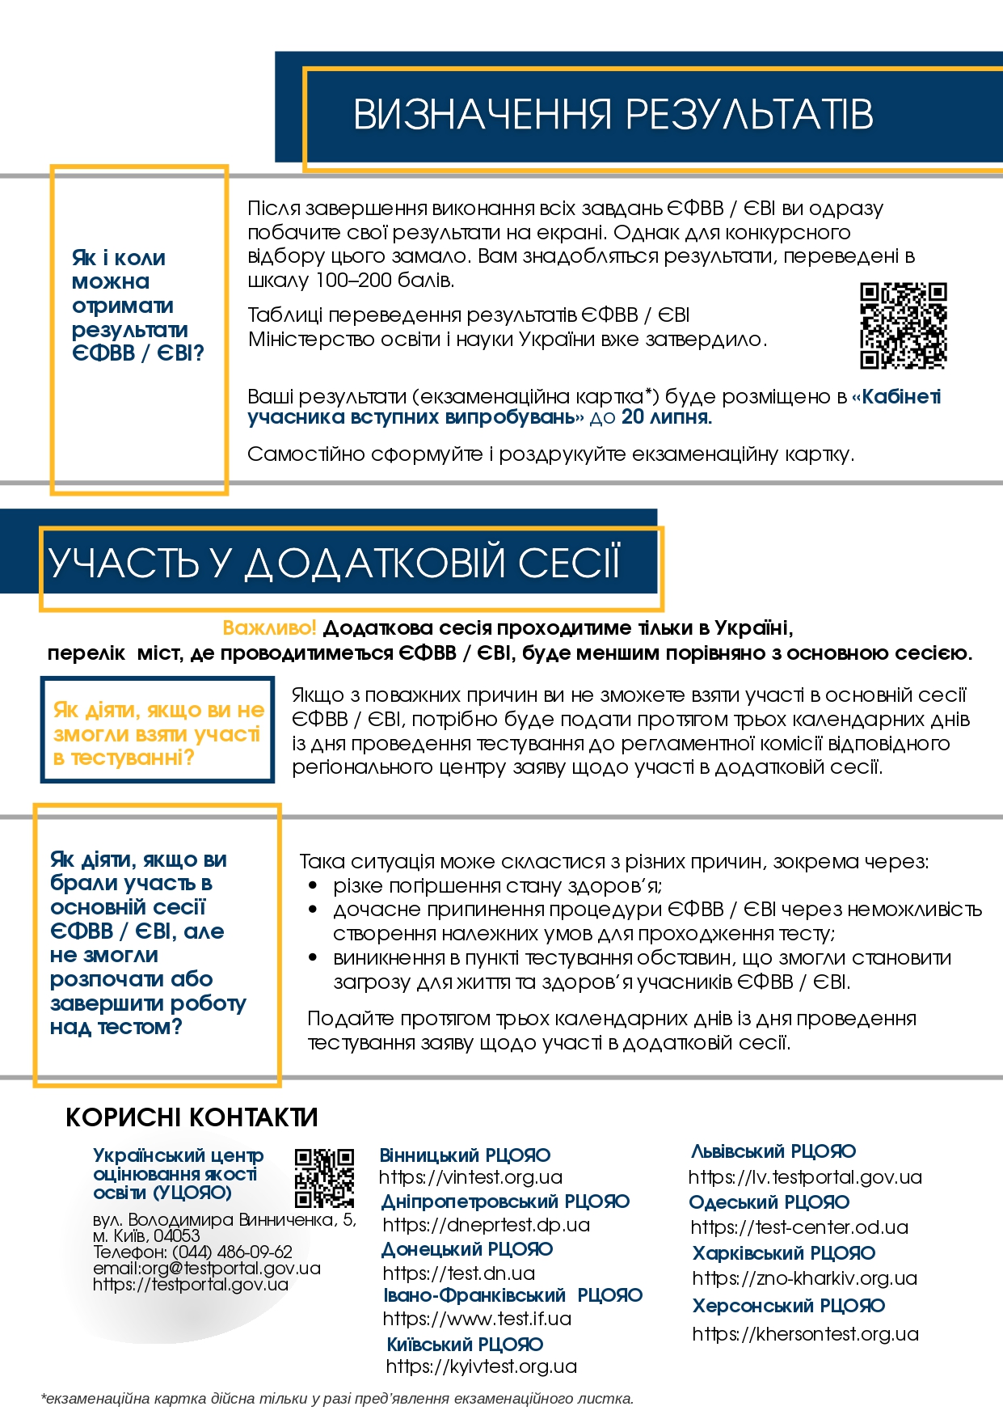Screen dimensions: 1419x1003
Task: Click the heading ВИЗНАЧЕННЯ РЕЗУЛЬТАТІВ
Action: pyautogui.click(x=613, y=115)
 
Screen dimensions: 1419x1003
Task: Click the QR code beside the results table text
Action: pyautogui.click(x=903, y=325)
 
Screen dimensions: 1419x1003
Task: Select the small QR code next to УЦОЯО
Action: pyautogui.click(x=324, y=1177)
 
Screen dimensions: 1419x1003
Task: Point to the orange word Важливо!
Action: pyautogui.click(x=269, y=628)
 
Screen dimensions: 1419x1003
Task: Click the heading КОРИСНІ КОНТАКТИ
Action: pyautogui.click(x=192, y=1117)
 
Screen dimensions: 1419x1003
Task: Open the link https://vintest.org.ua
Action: pyautogui.click(x=470, y=1177)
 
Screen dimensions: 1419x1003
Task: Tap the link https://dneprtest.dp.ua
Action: pyautogui.click(x=486, y=1225)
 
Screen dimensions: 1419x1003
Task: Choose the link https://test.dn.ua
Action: pyautogui.click(x=458, y=1273)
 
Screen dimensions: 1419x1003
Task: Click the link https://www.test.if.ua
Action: pyautogui.click(x=477, y=1319)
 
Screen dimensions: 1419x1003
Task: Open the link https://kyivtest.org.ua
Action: pyautogui.click(x=481, y=1366)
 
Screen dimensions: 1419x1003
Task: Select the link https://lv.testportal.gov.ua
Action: pyautogui.click(x=805, y=1177)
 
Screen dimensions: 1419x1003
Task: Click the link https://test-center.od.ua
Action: pyautogui.click(x=799, y=1227)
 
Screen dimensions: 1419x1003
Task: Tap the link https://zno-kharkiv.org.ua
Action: pyautogui.click(x=804, y=1278)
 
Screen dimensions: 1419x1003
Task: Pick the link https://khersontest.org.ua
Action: pyautogui.click(x=805, y=1334)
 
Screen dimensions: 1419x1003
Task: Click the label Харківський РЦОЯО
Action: pyautogui.click(x=783, y=1253)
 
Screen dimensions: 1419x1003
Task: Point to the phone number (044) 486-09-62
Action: pyautogui.click(x=232, y=1252)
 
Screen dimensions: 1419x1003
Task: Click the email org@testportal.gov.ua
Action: pyautogui.click(x=230, y=1269)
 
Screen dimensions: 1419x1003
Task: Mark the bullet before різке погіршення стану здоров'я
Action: pyautogui.click(x=314, y=886)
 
